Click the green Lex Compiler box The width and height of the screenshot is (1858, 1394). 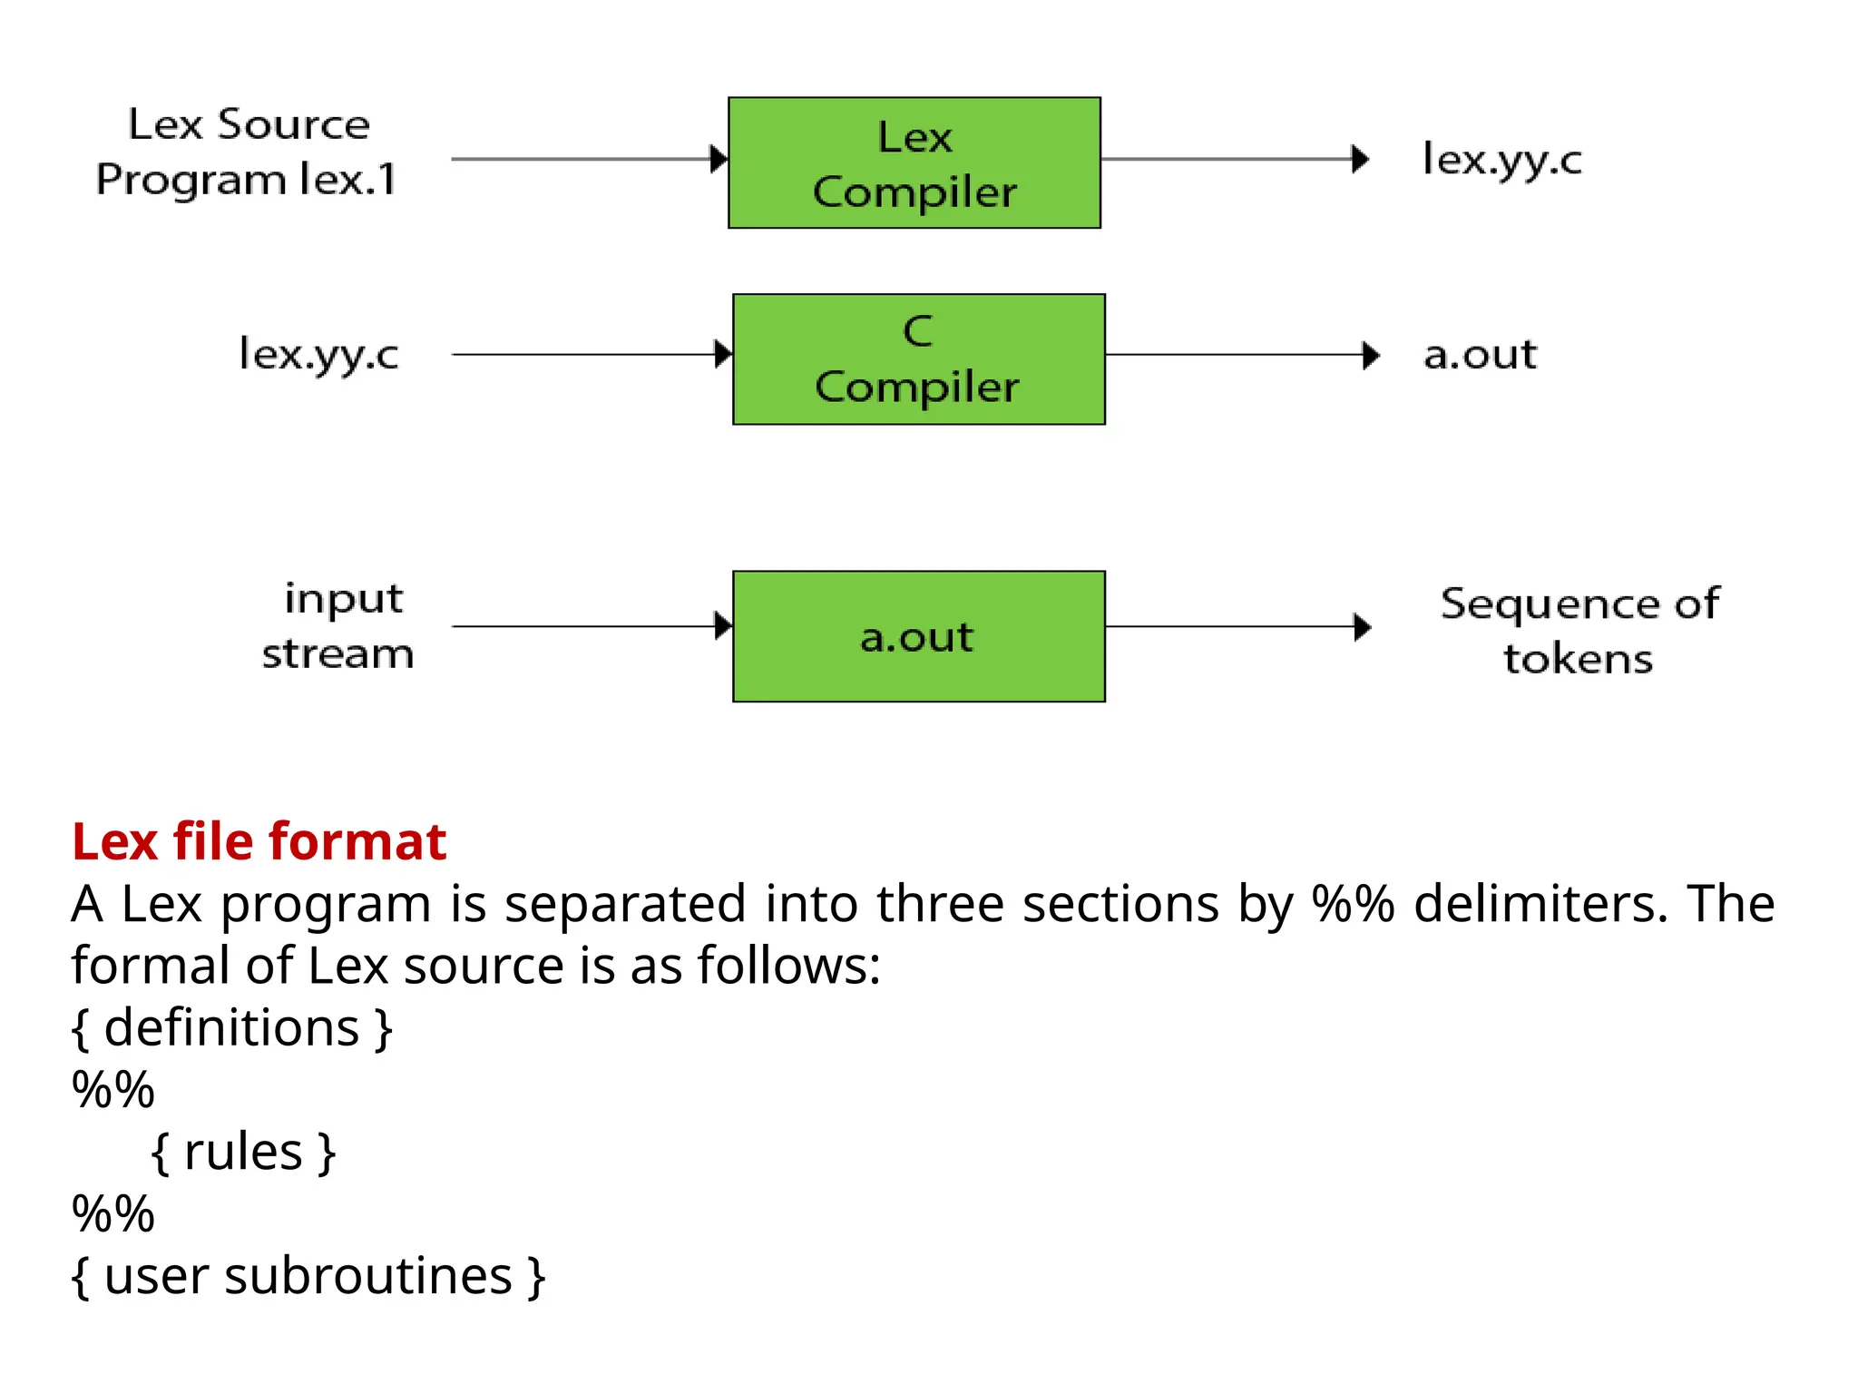click(914, 163)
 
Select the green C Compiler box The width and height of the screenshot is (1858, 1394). click(918, 359)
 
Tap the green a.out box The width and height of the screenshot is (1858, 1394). click(918, 636)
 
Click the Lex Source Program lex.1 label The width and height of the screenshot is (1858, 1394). click(247, 152)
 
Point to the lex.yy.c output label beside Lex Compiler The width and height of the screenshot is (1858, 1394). click(1501, 161)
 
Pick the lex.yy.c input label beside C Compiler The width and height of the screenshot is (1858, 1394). click(318, 354)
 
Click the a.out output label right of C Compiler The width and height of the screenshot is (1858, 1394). click(1480, 354)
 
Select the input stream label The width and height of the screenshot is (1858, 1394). click(338, 626)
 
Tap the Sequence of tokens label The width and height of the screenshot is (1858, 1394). click(1579, 631)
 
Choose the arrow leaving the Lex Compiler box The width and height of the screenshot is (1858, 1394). click(1234, 160)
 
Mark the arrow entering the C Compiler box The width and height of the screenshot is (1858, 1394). click(590, 355)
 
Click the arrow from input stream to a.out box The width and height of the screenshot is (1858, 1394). click(590, 626)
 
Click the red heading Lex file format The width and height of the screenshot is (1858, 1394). click(259, 841)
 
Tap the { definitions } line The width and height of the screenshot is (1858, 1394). click(231, 1028)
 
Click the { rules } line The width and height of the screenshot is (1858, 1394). click(243, 1153)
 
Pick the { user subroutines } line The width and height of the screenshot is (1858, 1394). click(308, 1277)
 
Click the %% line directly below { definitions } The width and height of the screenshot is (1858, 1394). click(113, 1090)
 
